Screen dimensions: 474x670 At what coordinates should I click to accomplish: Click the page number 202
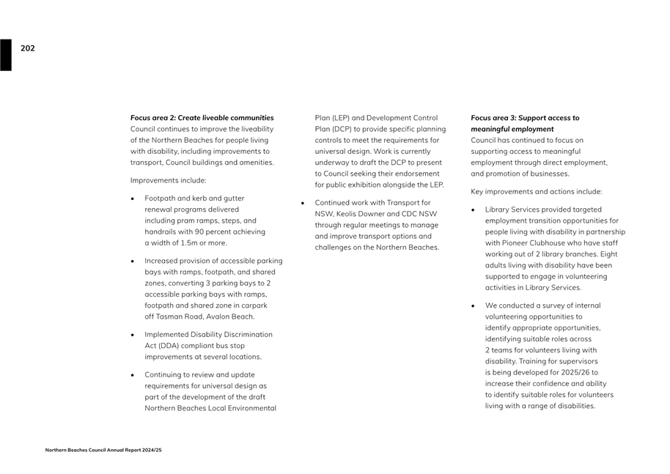pos(27,48)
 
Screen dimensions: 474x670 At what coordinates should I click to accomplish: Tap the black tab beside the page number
pos(6,55)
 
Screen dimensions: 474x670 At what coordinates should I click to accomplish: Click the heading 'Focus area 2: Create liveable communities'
pos(202,117)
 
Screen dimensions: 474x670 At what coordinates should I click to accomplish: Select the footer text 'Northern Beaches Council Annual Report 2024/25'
pos(103,450)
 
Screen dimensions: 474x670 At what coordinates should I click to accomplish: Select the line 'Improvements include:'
pos(168,180)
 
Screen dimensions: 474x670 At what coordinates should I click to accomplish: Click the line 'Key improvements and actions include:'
pos(537,191)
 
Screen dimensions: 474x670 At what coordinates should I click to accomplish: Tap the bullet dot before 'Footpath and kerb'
pos(133,199)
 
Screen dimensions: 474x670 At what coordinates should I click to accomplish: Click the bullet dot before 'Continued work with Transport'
pos(303,202)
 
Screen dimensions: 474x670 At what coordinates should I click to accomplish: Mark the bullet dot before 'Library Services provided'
pos(474,210)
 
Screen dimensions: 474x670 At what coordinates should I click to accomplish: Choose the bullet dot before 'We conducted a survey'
pos(474,305)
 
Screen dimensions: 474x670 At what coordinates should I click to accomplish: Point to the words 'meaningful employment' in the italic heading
pos(512,129)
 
